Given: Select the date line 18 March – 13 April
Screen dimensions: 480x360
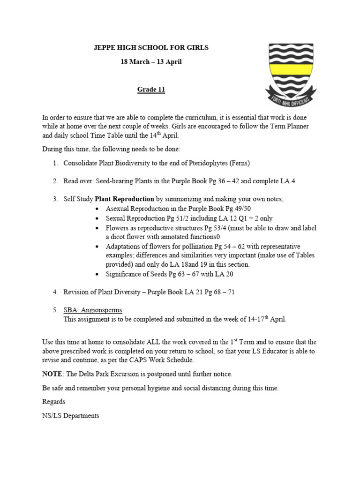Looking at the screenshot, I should click(151, 62).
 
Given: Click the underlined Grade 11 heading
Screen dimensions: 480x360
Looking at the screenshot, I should click(151, 90).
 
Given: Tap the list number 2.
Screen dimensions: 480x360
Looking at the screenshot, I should click(55, 181).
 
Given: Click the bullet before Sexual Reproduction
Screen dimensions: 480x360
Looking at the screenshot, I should click(97, 219).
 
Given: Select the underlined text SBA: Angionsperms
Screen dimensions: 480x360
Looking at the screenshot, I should click(93, 310).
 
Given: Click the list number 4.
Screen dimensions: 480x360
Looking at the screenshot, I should click(55, 292).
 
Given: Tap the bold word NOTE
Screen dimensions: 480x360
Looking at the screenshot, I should click(52, 374).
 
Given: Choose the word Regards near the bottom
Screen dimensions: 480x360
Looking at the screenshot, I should click(54, 402).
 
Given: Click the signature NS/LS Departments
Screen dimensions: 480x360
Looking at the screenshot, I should click(70, 416).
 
